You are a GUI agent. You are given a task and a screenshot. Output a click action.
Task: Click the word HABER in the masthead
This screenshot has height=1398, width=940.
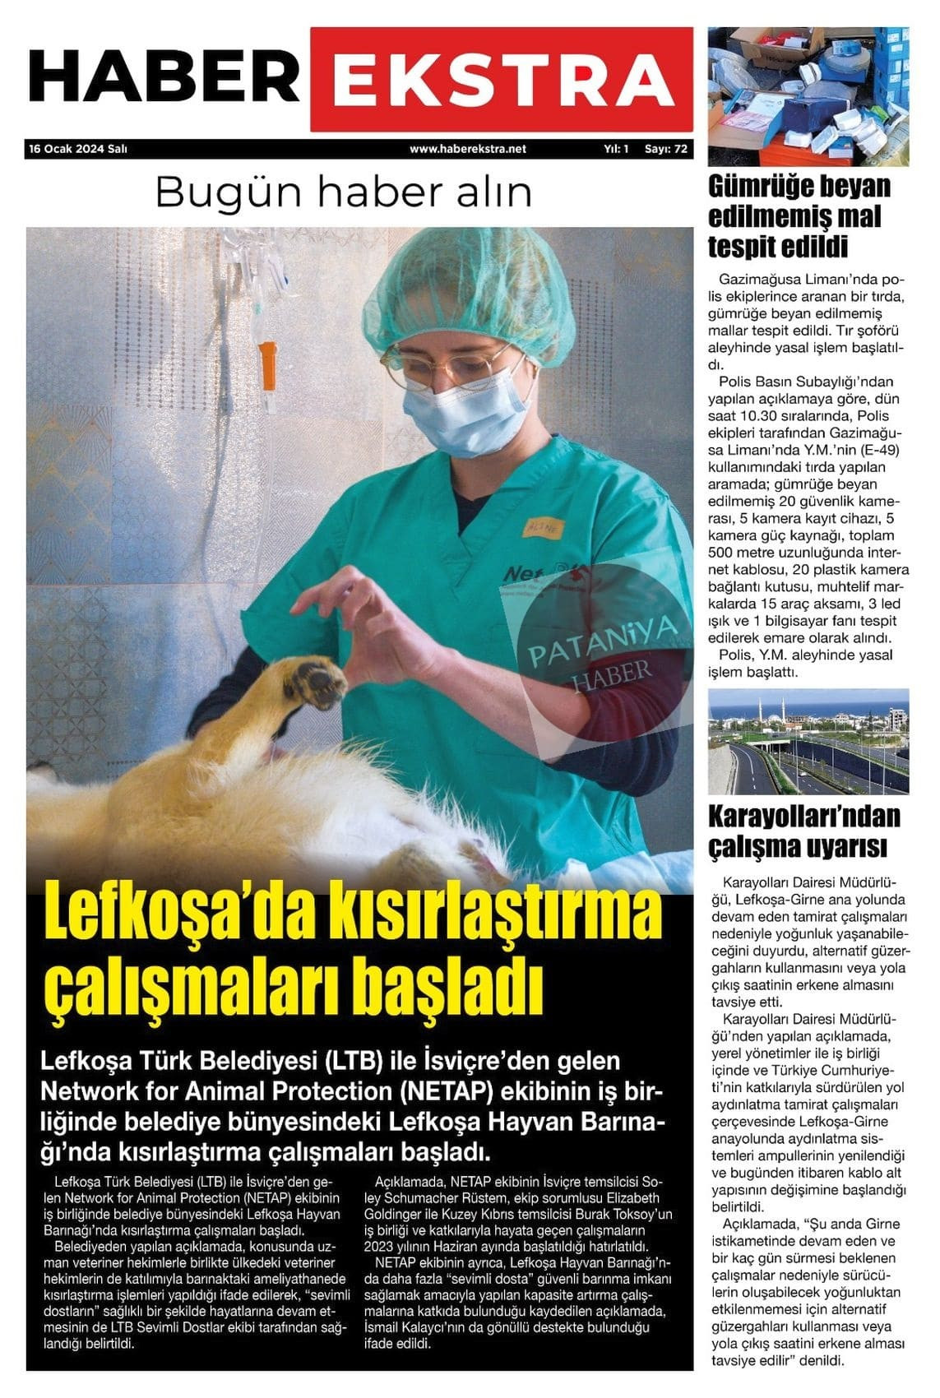tap(164, 78)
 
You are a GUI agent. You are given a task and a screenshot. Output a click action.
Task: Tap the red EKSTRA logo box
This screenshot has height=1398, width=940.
tap(501, 80)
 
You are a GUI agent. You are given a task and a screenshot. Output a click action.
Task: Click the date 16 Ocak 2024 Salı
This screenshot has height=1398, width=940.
tap(78, 150)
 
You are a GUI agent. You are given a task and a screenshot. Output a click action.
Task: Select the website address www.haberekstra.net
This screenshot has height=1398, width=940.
tap(467, 150)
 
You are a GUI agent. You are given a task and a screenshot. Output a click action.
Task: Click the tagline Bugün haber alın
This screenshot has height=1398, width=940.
tap(343, 192)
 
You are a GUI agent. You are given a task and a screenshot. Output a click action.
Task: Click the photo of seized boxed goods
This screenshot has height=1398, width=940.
tap(808, 96)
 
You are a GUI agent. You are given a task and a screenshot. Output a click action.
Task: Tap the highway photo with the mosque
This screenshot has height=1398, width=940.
tap(808, 741)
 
